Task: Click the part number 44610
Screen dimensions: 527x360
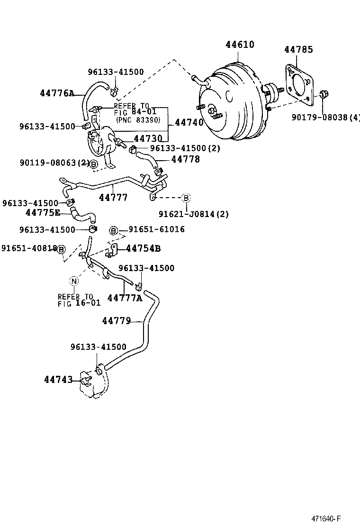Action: click(240, 45)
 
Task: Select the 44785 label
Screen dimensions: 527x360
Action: click(298, 49)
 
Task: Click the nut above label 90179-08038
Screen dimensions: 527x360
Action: click(323, 94)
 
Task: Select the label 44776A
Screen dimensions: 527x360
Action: click(57, 93)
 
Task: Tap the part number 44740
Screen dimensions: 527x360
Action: click(189, 122)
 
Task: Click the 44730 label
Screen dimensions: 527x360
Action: click(148, 138)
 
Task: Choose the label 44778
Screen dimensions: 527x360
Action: click(185, 159)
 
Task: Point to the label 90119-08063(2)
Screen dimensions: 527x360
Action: click(54, 163)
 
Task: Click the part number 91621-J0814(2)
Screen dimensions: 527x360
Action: click(200, 214)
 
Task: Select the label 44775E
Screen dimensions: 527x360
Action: click(43, 213)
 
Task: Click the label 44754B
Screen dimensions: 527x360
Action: click(143, 248)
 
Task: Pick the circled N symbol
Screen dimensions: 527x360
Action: click(74, 281)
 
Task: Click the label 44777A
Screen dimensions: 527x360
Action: click(125, 298)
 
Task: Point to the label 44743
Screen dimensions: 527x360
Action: click(59, 380)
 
